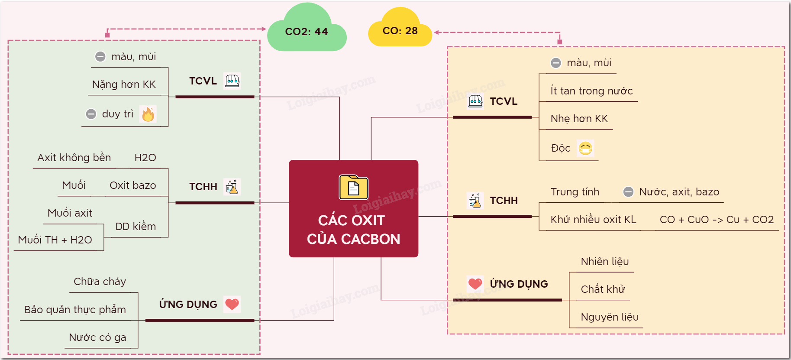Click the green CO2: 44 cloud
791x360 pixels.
[307, 32]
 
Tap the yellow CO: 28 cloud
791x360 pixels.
[400, 31]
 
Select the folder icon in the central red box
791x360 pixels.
[353, 188]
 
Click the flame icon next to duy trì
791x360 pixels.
[148, 114]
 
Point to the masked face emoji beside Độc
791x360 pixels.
[585, 148]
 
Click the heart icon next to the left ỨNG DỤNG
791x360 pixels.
[232, 304]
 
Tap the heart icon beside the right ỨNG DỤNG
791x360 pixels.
[475, 284]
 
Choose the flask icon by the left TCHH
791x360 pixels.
[232, 187]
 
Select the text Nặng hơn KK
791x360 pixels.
[124, 84]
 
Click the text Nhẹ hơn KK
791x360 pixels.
[579, 119]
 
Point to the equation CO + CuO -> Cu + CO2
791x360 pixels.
[717, 220]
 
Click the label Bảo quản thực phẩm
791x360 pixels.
[75, 310]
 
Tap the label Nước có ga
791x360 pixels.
[98, 337]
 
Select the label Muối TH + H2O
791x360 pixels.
[55, 240]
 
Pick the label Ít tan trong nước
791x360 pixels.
[591, 91]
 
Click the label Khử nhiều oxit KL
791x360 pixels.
[593, 220]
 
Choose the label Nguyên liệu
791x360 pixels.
[610, 317]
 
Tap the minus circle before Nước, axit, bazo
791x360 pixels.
[628, 192]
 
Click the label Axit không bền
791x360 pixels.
[74, 158]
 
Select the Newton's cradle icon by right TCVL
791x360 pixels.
[475, 101]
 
